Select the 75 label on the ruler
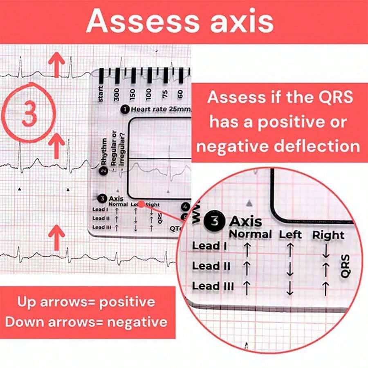pos(165,93)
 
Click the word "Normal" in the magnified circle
pos(250,235)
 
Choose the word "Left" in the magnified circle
pos(290,235)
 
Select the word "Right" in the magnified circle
pos(328,235)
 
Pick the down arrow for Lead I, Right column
pos(325,251)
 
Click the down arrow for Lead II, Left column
pos(289,269)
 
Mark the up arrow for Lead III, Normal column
pos(247,288)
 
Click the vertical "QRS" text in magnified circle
pos(346,266)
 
